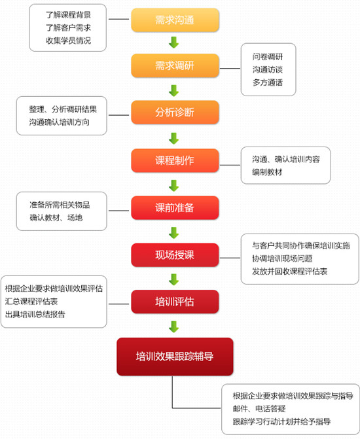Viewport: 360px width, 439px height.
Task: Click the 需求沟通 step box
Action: [175, 20]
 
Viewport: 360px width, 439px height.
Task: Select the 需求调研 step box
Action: [175, 66]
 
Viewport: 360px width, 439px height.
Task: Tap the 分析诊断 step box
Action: [175, 113]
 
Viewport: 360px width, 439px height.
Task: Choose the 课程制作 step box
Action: [175, 160]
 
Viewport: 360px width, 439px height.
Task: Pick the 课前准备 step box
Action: [175, 208]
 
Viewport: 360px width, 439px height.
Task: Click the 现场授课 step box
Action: [175, 255]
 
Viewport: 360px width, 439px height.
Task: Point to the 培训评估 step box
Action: [175, 302]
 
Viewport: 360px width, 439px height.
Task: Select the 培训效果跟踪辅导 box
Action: [175, 357]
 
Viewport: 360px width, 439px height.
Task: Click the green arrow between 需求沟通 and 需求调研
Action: [174, 43]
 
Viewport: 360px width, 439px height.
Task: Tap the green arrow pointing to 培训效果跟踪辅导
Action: [174, 326]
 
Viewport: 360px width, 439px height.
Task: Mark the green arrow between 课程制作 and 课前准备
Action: [174, 186]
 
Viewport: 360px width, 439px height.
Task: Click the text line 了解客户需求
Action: [68, 27]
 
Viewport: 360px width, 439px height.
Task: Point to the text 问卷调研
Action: [268, 57]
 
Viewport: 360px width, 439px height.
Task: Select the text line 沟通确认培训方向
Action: [59, 122]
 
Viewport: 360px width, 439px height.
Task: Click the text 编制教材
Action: [267, 172]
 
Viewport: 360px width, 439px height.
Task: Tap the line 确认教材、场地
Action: [56, 218]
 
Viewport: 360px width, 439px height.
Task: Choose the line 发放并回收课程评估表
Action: [290, 272]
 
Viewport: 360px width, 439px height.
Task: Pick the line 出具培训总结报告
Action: [35, 314]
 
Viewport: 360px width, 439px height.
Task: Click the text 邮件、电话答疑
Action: [259, 409]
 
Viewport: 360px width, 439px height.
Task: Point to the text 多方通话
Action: [268, 82]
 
